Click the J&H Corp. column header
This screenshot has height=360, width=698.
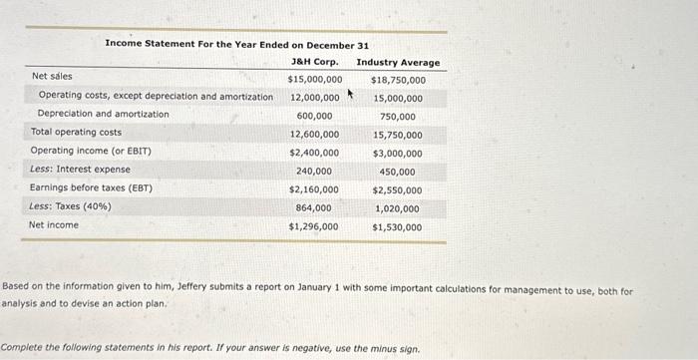pyautogui.click(x=314, y=63)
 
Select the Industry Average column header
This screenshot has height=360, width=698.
pyautogui.click(x=398, y=63)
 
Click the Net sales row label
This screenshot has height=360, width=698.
pyautogui.click(x=52, y=76)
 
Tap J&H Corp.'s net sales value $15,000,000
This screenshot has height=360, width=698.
pyautogui.click(x=314, y=79)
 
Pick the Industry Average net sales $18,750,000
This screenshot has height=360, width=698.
pyautogui.click(x=398, y=80)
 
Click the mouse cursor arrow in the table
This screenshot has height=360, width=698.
pyautogui.click(x=351, y=97)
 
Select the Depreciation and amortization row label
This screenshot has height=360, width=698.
pyautogui.click(x=103, y=114)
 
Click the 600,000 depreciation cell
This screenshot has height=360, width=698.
pyautogui.click(x=314, y=116)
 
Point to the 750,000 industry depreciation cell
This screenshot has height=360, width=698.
pyautogui.click(x=398, y=117)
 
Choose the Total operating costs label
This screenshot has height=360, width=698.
pyautogui.click(x=76, y=132)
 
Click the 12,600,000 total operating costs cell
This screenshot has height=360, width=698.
pyautogui.click(x=314, y=134)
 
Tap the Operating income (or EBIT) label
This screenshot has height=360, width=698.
pyautogui.click(x=91, y=151)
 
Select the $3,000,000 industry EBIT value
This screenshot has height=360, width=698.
pyautogui.click(x=397, y=154)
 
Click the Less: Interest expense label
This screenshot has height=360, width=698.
pyautogui.click(x=80, y=170)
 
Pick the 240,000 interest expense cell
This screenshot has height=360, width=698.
pyautogui.click(x=314, y=172)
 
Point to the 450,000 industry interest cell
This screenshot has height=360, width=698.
pyautogui.click(x=398, y=172)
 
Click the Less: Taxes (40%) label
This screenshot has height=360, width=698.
pyautogui.click(x=71, y=206)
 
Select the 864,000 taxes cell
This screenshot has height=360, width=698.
pyautogui.click(x=314, y=207)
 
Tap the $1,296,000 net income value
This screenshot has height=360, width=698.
pyautogui.click(x=314, y=226)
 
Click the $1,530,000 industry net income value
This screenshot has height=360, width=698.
pyautogui.click(x=397, y=227)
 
